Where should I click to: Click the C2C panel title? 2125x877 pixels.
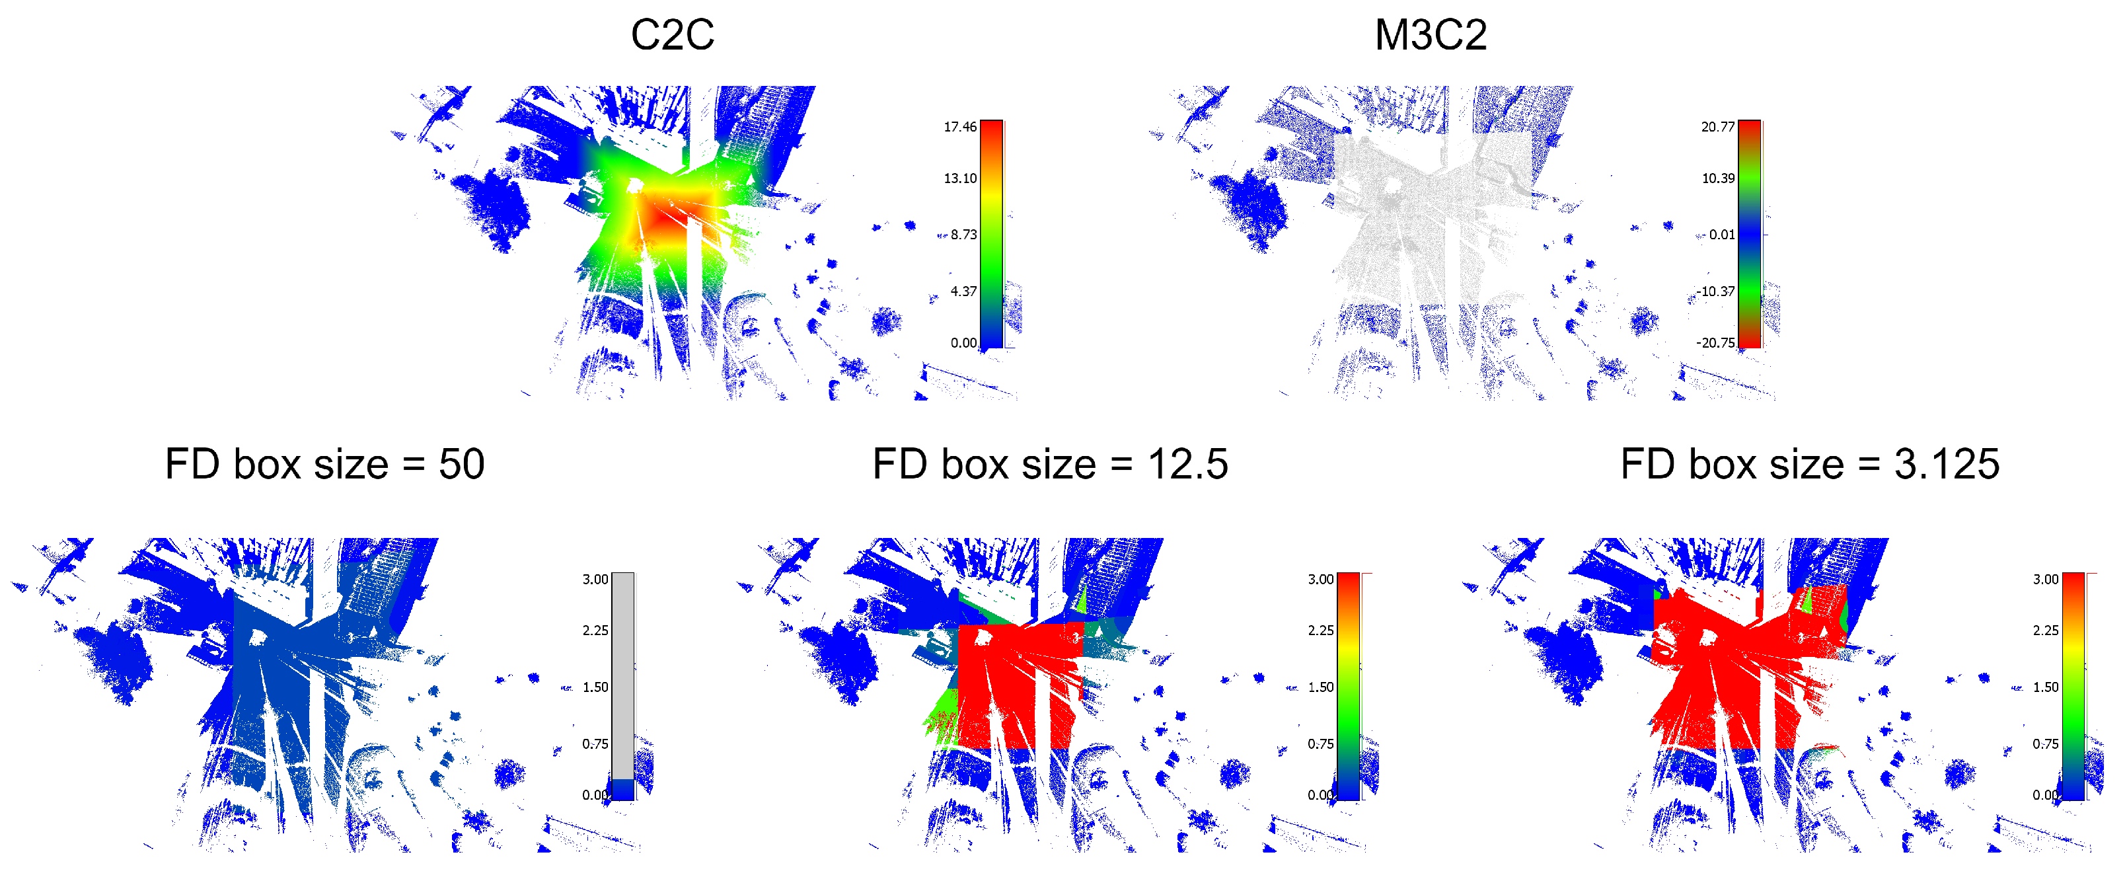672,34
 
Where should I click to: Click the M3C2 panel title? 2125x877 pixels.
1431,34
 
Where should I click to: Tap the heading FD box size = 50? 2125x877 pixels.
324,464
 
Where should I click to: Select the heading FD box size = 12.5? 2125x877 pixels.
1050,464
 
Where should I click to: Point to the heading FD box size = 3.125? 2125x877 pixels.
1810,464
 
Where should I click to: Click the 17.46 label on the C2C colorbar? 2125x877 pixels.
959,126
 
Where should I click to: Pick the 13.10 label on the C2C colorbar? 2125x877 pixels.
959,178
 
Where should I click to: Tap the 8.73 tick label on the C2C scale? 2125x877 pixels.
963,235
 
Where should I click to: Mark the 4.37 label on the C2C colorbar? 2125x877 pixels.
963,291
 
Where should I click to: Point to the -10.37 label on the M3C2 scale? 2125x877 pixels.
1715,291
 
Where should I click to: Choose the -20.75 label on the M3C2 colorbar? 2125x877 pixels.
1715,342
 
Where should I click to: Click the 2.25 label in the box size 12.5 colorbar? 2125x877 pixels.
1320,630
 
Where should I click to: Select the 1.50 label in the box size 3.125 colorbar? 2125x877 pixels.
2045,687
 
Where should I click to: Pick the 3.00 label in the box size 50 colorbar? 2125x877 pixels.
595,579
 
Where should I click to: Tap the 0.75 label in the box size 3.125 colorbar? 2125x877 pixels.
2045,744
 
